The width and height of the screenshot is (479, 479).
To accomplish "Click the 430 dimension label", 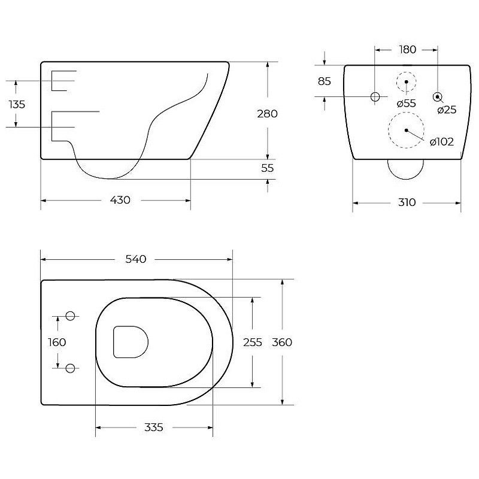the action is [x=120, y=200].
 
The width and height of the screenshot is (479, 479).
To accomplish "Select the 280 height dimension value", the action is [x=267, y=114].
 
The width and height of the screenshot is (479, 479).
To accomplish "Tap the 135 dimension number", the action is [x=17, y=104].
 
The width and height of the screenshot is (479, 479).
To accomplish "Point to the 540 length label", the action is [x=136, y=259].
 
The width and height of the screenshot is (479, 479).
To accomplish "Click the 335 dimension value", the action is [x=154, y=427].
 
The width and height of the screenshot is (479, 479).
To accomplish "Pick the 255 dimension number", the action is [x=252, y=342].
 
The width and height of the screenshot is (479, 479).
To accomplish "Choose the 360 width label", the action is [x=282, y=342].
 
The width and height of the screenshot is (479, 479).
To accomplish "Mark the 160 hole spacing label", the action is [x=57, y=342].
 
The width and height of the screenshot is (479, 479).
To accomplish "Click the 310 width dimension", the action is [x=407, y=202].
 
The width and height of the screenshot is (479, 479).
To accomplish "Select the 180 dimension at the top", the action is [x=408, y=50].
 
